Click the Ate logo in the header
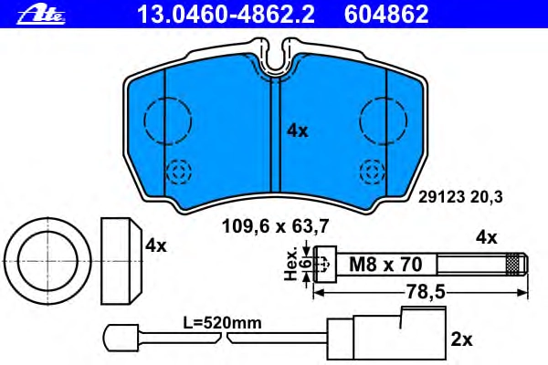41,16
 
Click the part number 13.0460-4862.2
226,15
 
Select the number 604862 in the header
386,15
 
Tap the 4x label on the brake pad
298,131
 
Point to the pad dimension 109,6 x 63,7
276,226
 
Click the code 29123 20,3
460,197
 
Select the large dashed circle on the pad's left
168,120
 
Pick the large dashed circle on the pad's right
384,120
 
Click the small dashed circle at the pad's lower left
179,172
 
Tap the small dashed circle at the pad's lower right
374,172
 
